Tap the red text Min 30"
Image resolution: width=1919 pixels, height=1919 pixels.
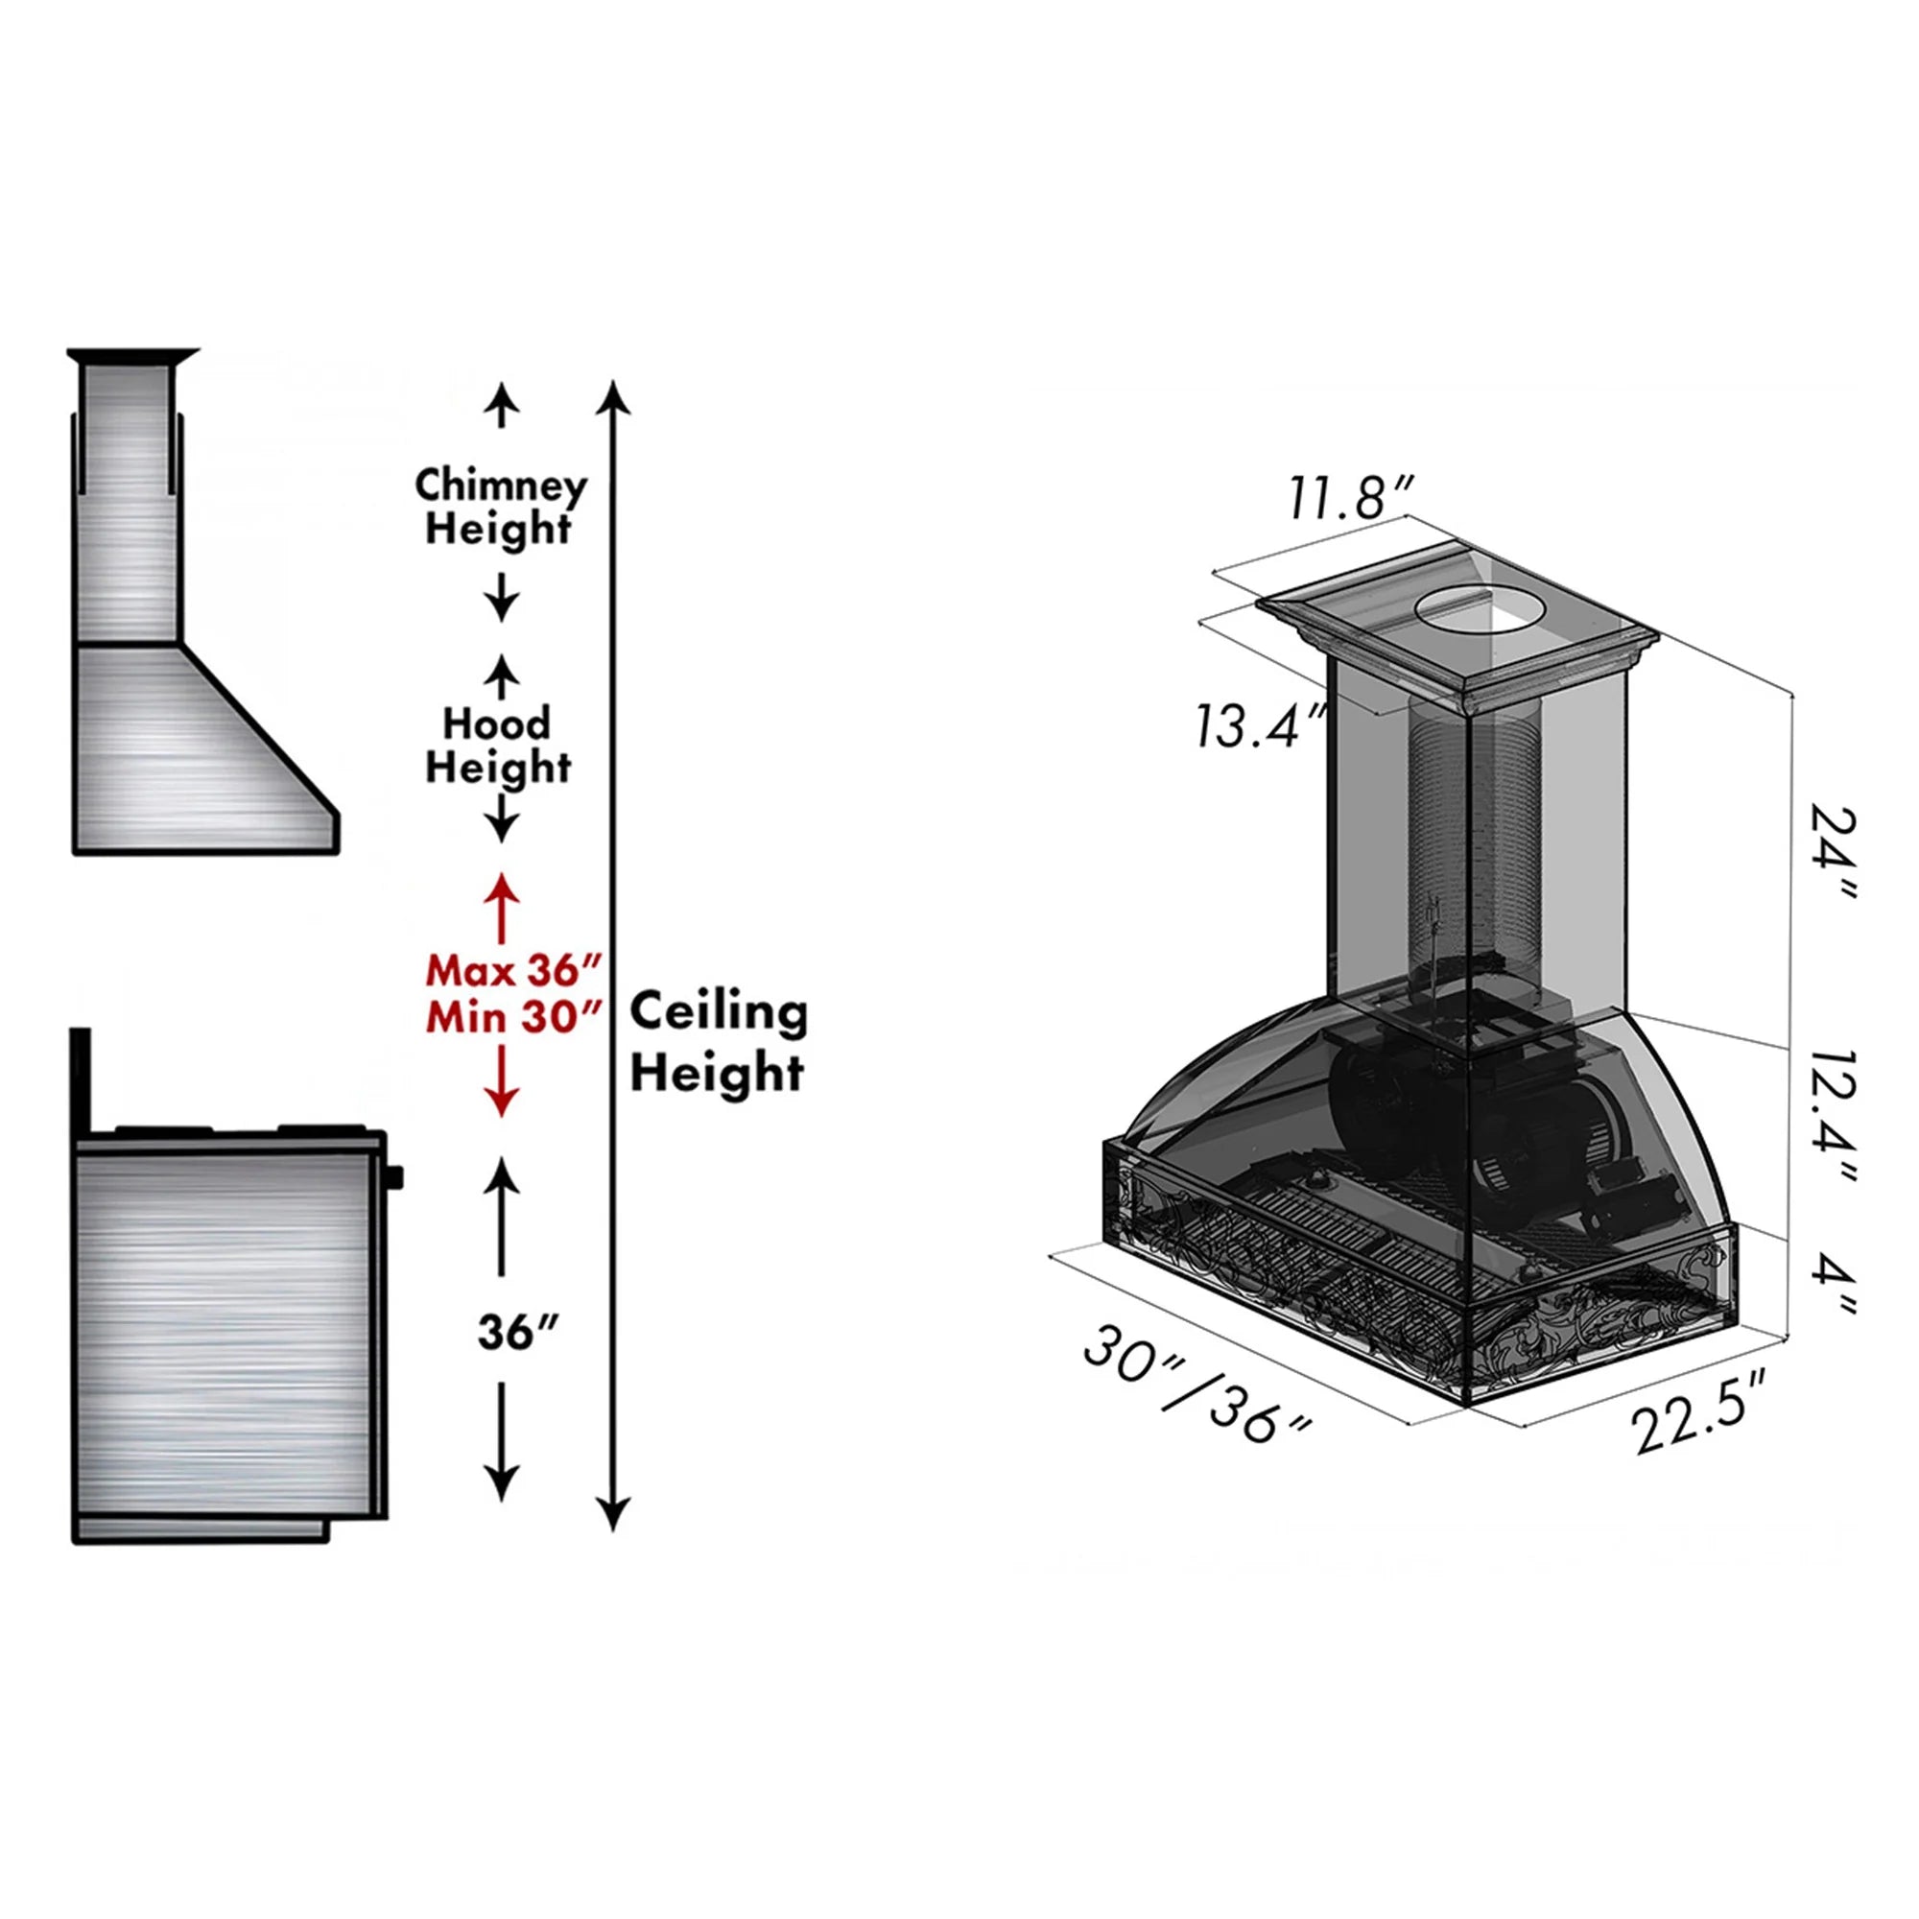[x=513, y=1017]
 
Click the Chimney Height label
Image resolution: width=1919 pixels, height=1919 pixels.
[x=500, y=507]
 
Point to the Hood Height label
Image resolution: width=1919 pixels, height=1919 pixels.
[x=498, y=745]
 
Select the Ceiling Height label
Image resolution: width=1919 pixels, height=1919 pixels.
[x=718, y=1043]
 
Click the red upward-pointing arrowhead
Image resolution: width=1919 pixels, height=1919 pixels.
[x=502, y=887]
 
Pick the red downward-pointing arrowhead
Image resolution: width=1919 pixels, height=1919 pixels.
[x=502, y=1101]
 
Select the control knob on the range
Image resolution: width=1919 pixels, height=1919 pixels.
[x=396, y=1178]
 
